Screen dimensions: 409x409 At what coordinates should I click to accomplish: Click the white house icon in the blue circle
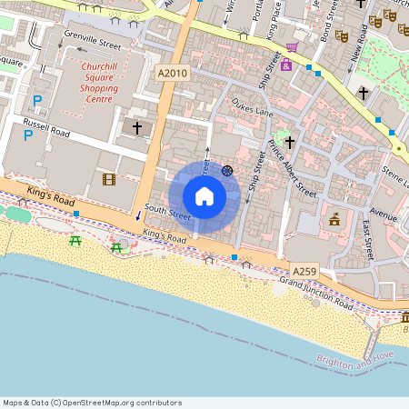tap(204, 195)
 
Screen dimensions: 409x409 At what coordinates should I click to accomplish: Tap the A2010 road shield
tap(171, 73)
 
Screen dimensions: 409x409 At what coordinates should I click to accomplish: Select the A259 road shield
tap(304, 271)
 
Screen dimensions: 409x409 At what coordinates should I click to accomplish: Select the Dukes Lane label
tap(253, 109)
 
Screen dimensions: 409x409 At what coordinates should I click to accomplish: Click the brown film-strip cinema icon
tap(109, 179)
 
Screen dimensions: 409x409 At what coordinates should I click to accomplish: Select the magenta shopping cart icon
tap(292, 47)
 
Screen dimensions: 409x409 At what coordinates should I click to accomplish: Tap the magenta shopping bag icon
tap(285, 65)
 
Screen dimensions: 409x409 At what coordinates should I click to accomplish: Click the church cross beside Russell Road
tap(137, 128)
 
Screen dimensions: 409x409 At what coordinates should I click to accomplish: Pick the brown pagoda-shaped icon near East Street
tap(334, 218)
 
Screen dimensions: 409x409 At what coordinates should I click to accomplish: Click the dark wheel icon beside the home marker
tap(227, 170)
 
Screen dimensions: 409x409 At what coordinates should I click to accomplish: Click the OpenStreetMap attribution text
tap(92, 403)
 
